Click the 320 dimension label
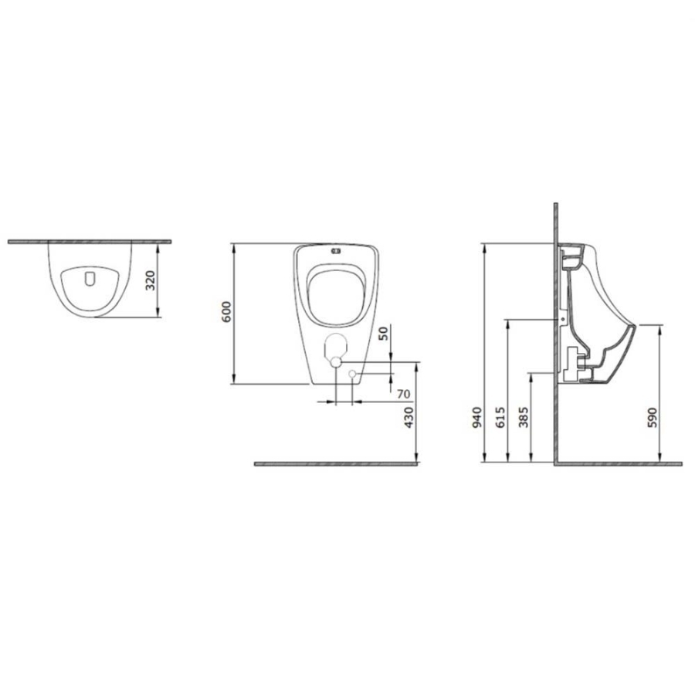[151, 280]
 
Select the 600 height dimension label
[226, 312]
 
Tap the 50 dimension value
[383, 334]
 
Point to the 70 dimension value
[403, 394]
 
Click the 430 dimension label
[409, 417]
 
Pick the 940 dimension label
[476, 418]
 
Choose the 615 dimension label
[500, 418]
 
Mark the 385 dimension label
[524, 418]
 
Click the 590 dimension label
[652, 418]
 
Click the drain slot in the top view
[90, 278]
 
